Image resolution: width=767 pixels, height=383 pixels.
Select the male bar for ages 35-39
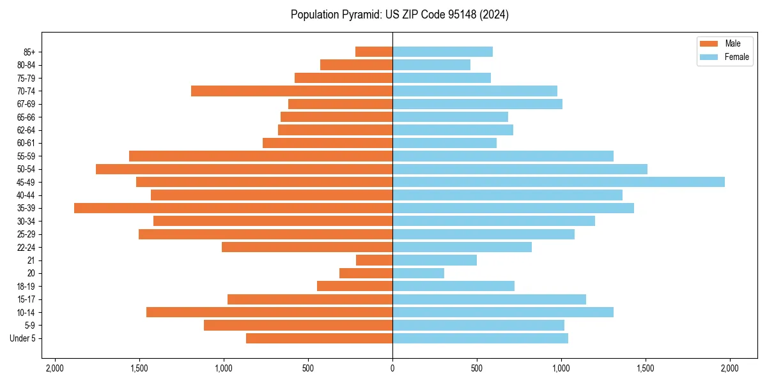click(x=233, y=208)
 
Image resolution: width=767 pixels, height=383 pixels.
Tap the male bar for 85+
click(x=374, y=52)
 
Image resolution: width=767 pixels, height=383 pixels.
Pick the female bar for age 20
click(x=418, y=273)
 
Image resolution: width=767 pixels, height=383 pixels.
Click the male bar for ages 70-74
click(x=291, y=91)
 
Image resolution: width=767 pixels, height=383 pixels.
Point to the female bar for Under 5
click(x=480, y=338)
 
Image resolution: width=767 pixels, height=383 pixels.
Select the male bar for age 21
click(x=374, y=260)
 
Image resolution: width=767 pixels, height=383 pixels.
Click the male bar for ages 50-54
click(x=244, y=169)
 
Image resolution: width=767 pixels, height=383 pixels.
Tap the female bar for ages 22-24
click(x=462, y=247)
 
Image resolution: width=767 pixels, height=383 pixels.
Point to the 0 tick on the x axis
click(x=392, y=368)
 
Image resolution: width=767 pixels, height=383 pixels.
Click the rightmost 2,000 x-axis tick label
click(x=729, y=368)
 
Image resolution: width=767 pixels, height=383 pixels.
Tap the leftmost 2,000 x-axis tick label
click(x=55, y=368)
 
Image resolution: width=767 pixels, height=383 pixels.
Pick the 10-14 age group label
click(x=26, y=312)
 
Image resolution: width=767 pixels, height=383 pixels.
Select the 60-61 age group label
click(x=26, y=143)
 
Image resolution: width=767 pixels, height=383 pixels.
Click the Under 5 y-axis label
click(x=23, y=338)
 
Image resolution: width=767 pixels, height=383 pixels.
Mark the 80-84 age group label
click(x=26, y=65)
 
